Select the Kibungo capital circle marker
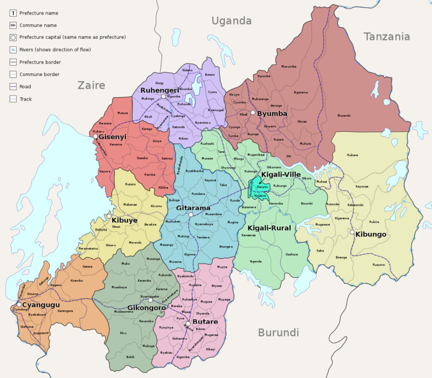(x=352, y=233)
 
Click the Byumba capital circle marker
(x=253, y=113)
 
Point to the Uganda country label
(x=232, y=21)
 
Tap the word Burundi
(x=278, y=332)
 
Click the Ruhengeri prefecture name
(x=159, y=90)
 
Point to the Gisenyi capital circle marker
(x=96, y=136)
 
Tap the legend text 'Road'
(x=25, y=86)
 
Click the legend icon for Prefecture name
(x=12, y=12)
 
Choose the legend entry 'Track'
(x=25, y=99)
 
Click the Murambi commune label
(x=344, y=116)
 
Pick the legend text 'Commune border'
(x=39, y=74)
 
